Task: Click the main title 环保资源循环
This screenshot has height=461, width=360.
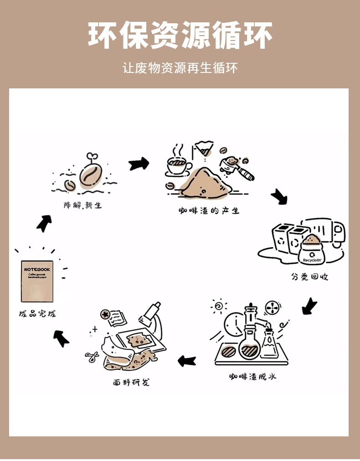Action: [180, 36]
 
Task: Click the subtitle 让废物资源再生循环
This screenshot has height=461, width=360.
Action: [180, 68]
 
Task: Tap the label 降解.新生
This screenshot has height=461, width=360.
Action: [82, 205]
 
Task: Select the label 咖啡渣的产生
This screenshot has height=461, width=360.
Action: [209, 211]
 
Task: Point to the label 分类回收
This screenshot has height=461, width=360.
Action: [309, 277]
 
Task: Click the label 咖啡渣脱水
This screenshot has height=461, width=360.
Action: [252, 377]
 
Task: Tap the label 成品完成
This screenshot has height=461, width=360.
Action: [37, 314]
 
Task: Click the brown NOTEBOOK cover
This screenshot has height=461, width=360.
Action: [37, 281]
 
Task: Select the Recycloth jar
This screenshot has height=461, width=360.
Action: [312, 251]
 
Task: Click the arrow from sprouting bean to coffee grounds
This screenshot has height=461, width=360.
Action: [139, 164]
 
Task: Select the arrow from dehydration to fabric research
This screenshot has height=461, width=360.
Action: [186, 361]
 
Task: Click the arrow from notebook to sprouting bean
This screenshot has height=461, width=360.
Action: [44, 223]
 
